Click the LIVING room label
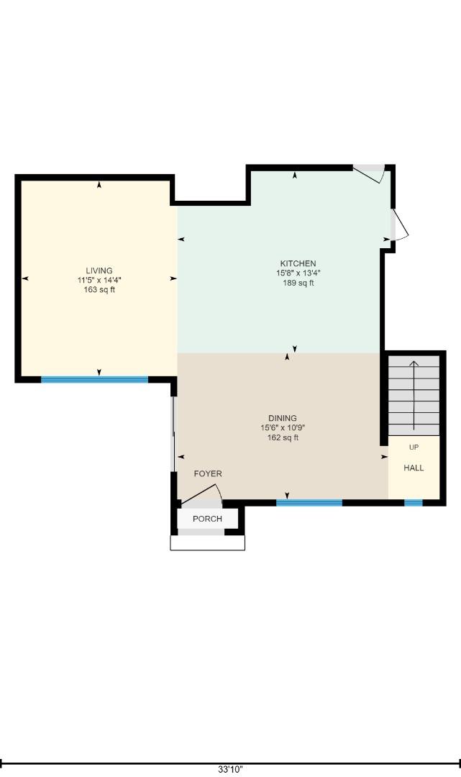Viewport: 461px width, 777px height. point(99,271)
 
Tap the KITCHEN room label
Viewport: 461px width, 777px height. point(298,263)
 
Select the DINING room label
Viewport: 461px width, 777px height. point(282,418)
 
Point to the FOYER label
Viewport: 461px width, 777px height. point(208,473)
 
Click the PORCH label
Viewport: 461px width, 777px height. point(207,519)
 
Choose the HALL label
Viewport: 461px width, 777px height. point(414,468)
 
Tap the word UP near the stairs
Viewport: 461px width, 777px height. point(414,447)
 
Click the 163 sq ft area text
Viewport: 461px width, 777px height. point(99,290)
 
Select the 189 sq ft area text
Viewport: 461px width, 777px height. point(298,283)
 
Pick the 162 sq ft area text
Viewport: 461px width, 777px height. point(282,437)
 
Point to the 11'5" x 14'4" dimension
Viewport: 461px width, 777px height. point(99,281)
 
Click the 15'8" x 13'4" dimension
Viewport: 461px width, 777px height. point(298,273)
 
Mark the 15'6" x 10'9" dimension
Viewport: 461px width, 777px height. point(282,428)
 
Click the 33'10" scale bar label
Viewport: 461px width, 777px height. point(230,769)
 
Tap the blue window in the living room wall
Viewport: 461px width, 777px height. point(94,379)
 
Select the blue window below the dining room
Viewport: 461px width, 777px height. point(309,503)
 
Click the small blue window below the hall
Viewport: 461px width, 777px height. point(413,503)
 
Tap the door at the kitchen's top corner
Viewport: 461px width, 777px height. point(371,173)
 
